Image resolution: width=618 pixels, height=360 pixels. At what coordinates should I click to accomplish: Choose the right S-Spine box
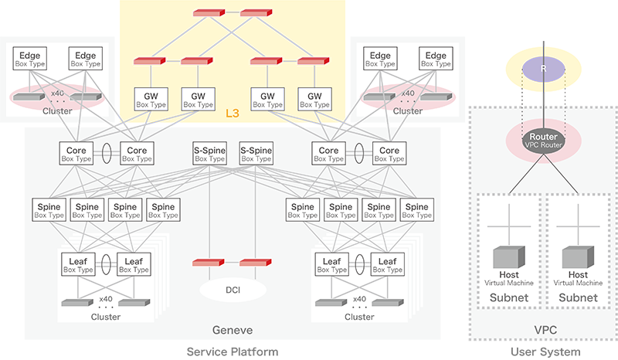256,151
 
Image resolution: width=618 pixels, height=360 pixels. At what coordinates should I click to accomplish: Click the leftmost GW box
150,97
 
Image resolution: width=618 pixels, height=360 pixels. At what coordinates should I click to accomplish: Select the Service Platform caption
232,352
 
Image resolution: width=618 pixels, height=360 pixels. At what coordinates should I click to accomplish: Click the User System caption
544,352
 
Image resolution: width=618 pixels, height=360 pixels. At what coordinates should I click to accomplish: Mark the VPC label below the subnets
544,329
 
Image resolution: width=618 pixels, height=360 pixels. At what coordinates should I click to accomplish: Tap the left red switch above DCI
207,263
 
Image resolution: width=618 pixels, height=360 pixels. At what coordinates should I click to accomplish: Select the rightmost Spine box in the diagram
416,210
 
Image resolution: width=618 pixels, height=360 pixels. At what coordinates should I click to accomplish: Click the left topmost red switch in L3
207,13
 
